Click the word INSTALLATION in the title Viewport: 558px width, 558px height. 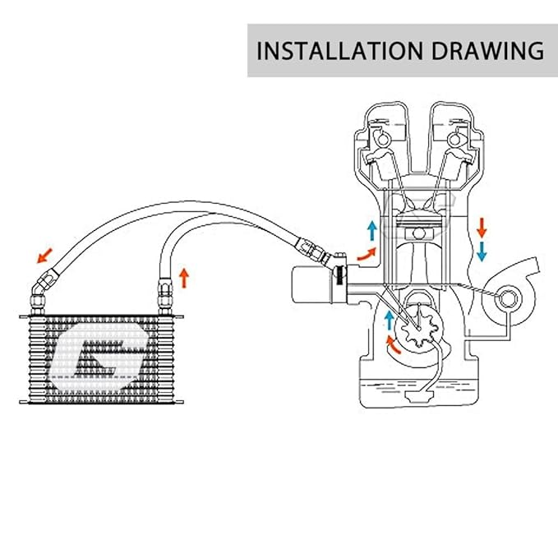click(331, 50)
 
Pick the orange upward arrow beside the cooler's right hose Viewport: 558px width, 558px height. click(184, 276)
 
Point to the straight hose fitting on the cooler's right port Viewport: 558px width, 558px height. click(162, 292)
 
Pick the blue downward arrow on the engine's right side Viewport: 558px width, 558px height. click(482, 250)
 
